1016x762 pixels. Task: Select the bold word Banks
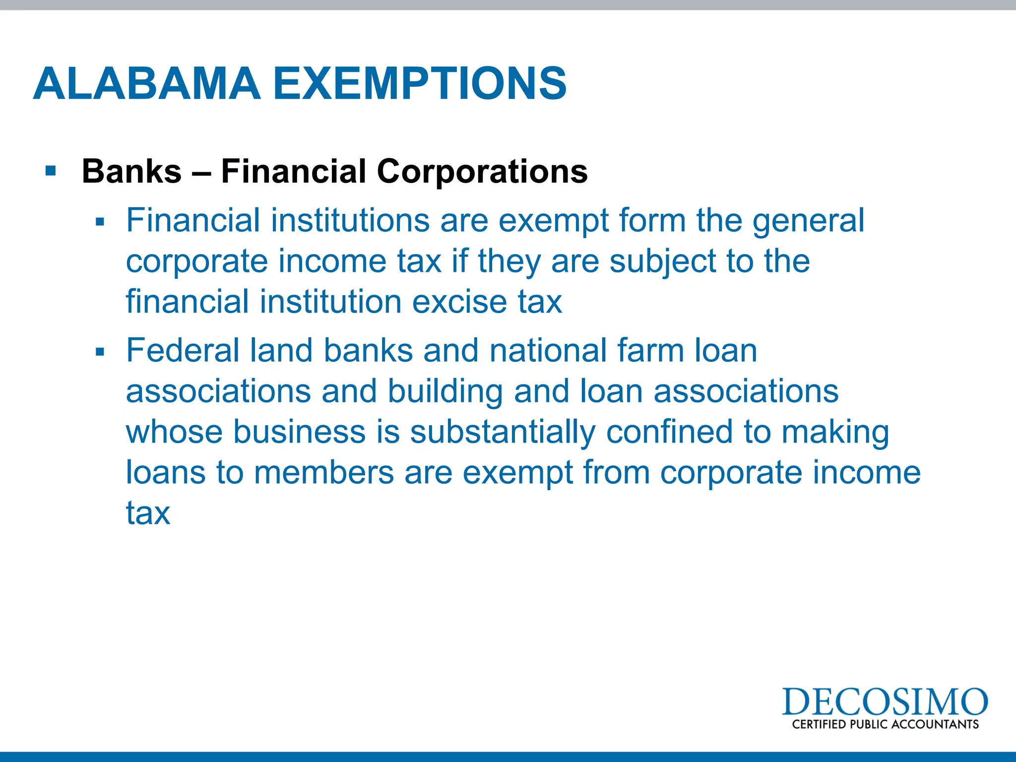click(131, 171)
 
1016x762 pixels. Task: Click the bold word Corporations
click(482, 171)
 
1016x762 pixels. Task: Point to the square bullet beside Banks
click(50, 171)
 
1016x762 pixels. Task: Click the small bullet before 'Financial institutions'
click(100, 222)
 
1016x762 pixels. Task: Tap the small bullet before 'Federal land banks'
click(100, 352)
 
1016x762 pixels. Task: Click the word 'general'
click(808, 222)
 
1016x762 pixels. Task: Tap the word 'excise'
click(460, 302)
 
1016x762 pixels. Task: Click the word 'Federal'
click(183, 350)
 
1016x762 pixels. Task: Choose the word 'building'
click(445, 392)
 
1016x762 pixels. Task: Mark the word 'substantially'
click(503, 433)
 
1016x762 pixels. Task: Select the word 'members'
click(324, 472)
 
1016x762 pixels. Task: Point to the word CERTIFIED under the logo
click(819, 724)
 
